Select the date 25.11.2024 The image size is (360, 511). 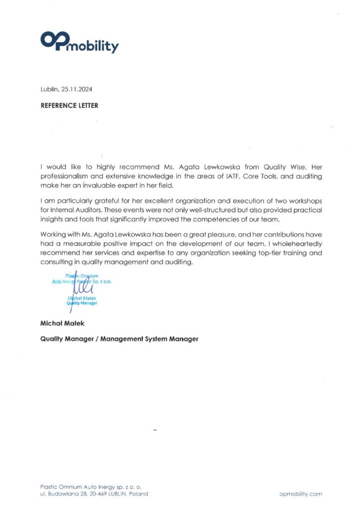[77, 89]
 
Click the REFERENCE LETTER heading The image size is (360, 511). [69, 105]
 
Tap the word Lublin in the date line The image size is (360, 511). [50, 89]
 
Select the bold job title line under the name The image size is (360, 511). [119, 339]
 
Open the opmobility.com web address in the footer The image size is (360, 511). [301, 494]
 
